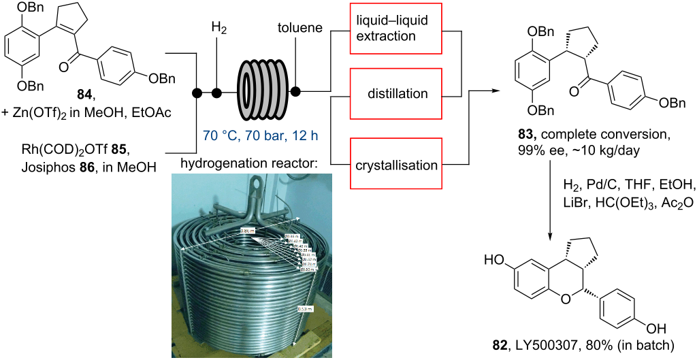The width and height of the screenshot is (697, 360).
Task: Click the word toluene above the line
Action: [x=295, y=29]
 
